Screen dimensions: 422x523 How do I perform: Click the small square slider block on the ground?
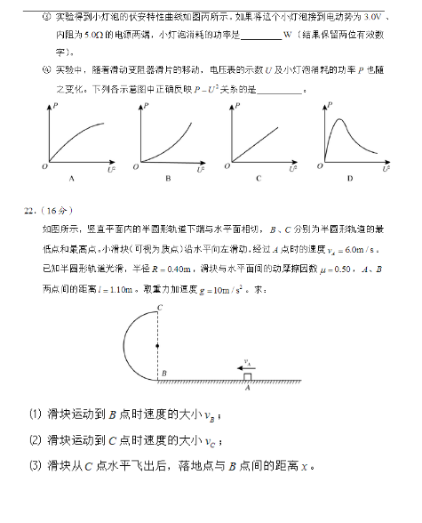tap(247, 377)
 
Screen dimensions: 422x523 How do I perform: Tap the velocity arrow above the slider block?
tap(241, 367)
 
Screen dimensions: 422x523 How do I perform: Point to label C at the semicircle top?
tap(159, 308)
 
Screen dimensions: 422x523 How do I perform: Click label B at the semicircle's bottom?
tap(164, 374)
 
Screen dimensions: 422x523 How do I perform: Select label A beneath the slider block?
tap(247, 389)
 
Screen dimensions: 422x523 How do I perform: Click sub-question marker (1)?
tap(35, 414)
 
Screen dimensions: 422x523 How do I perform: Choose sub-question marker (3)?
tap(35, 465)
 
